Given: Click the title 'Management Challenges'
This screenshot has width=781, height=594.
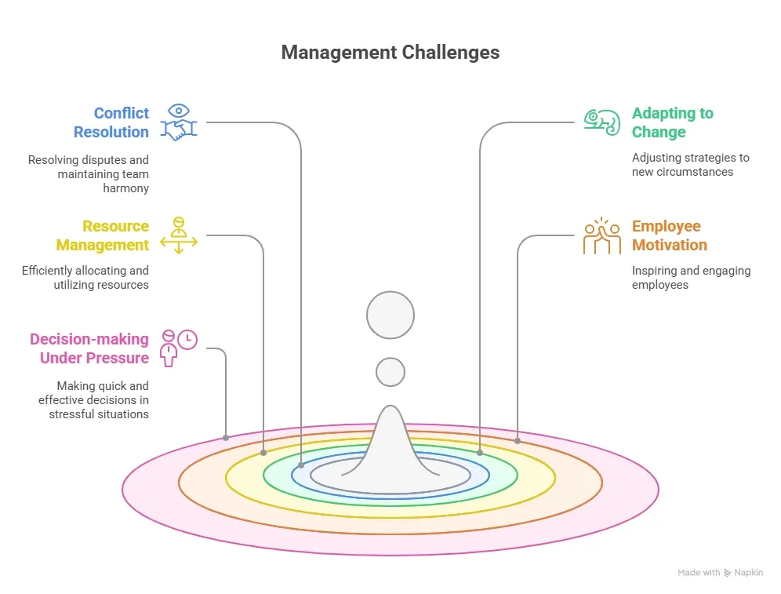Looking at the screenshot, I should pyautogui.click(x=390, y=53).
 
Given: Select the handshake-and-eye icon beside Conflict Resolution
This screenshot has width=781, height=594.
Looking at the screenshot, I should pyautogui.click(x=179, y=122).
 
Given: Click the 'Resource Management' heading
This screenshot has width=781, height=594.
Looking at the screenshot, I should pyautogui.click(x=103, y=235).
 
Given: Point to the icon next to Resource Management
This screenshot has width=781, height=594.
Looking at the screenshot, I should pyautogui.click(x=179, y=235).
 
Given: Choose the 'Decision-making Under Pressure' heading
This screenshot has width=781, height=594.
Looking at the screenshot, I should pyautogui.click(x=89, y=348).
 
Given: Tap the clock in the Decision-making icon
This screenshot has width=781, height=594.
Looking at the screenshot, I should pyautogui.click(x=187, y=339).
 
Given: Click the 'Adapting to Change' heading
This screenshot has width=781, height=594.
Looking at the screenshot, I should pyautogui.click(x=673, y=122).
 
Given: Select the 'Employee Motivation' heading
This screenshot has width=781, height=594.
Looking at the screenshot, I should pyautogui.click(x=670, y=235).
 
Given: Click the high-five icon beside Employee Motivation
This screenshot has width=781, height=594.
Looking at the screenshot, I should pyautogui.click(x=602, y=235).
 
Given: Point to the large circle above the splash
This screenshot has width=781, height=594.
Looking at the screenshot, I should pyautogui.click(x=390, y=315).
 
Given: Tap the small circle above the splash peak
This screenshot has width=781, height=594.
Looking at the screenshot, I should pyautogui.click(x=390, y=371).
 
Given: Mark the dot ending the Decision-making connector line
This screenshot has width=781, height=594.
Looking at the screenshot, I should pyautogui.click(x=226, y=437).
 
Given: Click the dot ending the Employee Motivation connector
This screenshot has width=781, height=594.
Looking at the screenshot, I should pyautogui.click(x=518, y=441).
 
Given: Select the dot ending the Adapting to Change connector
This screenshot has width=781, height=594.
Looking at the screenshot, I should pyautogui.click(x=480, y=453).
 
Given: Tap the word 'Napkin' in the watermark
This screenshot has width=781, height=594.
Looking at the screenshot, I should pyautogui.click(x=748, y=573).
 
